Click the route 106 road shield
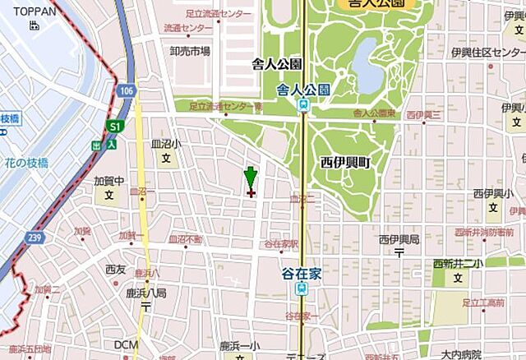124,90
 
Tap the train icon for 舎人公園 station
304,104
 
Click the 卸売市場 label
190,51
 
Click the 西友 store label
115,269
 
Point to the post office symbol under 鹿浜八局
145,306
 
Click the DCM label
127,344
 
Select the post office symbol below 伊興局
398,253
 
